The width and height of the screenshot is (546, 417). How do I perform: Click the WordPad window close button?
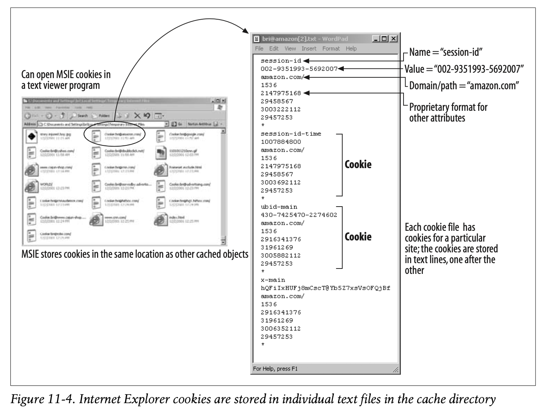[x=393, y=39]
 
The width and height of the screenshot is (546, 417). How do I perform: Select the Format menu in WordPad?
[x=331, y=48]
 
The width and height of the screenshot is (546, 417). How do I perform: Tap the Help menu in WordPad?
[x=351, y=48]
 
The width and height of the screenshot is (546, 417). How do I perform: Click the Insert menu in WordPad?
[x=309, y=48]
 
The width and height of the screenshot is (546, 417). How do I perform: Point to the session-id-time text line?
[x=291, y=134]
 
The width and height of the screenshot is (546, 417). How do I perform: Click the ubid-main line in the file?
[x=279, y=207]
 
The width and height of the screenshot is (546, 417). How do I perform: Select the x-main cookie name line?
[x=273, y=280]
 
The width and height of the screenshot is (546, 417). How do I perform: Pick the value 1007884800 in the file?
[x=281, y=142]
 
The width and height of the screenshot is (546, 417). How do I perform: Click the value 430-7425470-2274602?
[x=299, y=215]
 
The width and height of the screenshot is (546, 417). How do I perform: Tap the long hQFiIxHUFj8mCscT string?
[x=325, y=288]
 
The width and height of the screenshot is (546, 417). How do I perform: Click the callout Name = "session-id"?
[x=446, y=52]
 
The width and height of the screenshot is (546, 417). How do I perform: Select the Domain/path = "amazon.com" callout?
[x=464, y=86]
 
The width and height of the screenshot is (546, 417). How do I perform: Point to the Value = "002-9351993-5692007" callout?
[x=464, y=69]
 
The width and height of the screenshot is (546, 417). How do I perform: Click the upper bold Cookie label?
[x=358, y=165]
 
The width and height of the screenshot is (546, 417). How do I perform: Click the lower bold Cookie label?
[x=358, y=237]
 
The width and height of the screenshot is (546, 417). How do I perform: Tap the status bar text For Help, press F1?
[x=275, y=369]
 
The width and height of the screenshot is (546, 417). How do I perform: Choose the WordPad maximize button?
[x=384, y=39]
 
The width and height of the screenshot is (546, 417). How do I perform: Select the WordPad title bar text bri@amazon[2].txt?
[x=289, y=39]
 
